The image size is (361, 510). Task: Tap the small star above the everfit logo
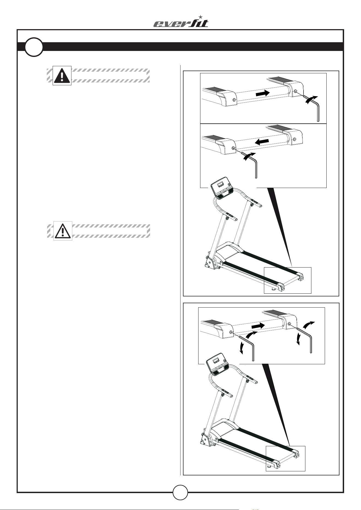(201, 17)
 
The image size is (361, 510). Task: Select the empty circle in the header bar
(34, 47)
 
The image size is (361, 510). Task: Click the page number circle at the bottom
(180, 492)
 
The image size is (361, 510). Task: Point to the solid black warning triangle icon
(62, 75)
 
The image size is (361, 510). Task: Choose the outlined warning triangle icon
(63, 231)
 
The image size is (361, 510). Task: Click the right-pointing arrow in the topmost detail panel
(263, 93)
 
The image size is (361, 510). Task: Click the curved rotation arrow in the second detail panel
(249, 157)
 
